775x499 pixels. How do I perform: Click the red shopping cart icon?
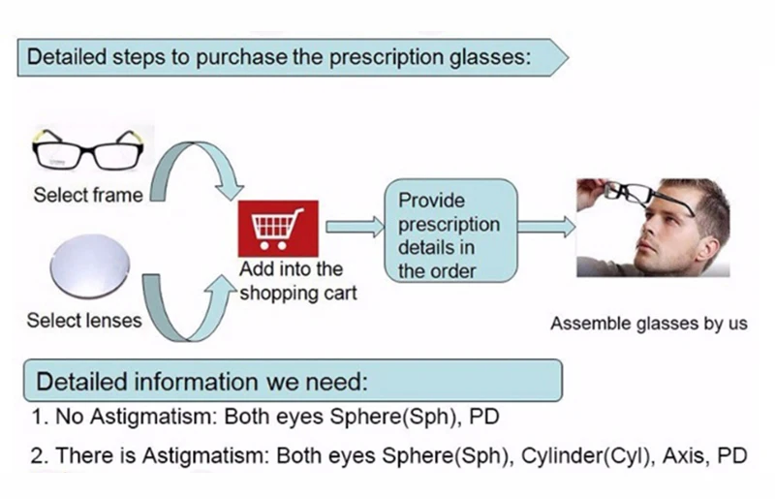pyautogui.click(x=277, y=229)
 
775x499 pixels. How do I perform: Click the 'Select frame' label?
pyautogui.click(x=87, y=195)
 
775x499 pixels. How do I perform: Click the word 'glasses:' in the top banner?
pyautogui.click(x=491, y=55)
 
